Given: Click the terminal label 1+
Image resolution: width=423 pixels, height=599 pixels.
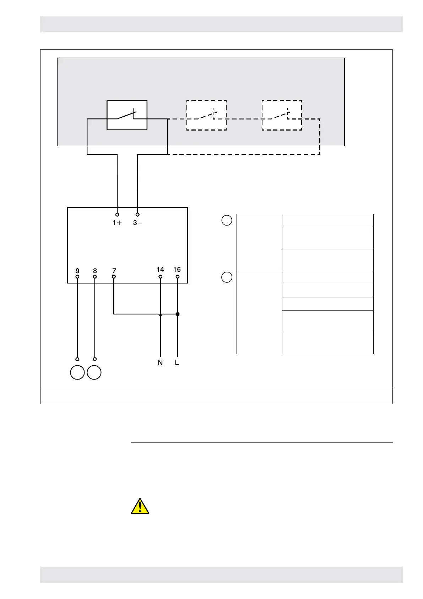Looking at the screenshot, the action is point(117,223).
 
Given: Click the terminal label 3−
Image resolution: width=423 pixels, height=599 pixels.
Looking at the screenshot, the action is point(138,223).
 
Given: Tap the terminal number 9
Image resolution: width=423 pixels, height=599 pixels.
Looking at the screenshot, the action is point(77,271).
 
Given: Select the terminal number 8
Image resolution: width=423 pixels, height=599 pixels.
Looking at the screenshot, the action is point(95,271).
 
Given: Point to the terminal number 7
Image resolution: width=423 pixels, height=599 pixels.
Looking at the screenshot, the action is point(114,271).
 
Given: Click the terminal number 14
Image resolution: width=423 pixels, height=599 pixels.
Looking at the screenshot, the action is point(160,270).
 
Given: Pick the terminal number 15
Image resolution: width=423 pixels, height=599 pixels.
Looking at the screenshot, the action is point(177,270).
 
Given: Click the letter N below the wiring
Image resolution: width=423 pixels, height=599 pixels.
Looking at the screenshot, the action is point(160,363).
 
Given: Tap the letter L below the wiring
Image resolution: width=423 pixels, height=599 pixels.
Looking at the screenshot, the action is point(177,363).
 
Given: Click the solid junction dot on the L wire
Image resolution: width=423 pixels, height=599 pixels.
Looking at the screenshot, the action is point(178,314).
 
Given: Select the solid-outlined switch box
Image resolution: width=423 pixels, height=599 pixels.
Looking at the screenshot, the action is point(127,115).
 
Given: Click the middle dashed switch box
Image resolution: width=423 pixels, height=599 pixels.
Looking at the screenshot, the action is point(206,115).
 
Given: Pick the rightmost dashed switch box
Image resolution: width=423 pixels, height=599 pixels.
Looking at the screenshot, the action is point(282,115).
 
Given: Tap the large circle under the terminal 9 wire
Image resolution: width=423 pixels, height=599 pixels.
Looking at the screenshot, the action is point(77,372).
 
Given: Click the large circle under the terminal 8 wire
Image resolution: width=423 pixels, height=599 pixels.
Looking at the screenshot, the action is point(94,372).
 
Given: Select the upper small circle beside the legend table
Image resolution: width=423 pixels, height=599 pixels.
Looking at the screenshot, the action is point(227,220).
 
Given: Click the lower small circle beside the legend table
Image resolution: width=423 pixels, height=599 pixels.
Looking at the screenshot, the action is point(227,277).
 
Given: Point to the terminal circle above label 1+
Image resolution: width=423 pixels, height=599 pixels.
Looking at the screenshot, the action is point(117,215).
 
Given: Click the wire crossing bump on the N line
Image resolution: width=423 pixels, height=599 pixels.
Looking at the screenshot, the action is point(161,314).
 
